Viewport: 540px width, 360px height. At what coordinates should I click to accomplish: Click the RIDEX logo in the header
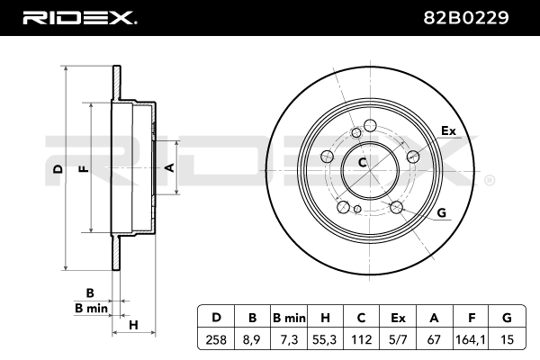tap(80, 18)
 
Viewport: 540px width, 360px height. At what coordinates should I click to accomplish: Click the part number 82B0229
tap(465, 18)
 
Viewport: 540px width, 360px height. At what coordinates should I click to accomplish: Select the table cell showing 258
tap(216, 339)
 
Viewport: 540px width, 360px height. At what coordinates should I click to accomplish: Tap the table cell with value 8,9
tap(252, 339)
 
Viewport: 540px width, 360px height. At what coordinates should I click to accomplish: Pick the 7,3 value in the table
tap(289, 339)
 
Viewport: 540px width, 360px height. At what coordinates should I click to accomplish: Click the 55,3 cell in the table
tap(325, 339)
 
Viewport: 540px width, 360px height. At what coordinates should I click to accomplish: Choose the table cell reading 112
tap(361, 339)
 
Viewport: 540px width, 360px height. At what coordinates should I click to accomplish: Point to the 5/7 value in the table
tap(398, 339)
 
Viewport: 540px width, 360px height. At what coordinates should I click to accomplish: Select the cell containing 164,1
tap(471, 339)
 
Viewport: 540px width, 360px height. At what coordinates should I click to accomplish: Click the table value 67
tap(434, 339)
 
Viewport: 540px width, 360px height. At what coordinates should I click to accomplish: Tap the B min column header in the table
tap(289, 318)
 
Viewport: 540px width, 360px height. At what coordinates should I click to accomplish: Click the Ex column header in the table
tap(398, 318)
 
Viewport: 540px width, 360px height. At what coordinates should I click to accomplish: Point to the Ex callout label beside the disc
tap(448, 130)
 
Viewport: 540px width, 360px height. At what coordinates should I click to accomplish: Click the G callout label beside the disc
tap(442, 212)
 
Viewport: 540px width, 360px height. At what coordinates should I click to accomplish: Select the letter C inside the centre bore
tap(363, 162)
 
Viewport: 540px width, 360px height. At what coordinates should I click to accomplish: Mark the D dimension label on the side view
tap(58, 169)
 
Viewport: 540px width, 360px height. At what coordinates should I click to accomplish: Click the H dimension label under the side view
tap(133, 325)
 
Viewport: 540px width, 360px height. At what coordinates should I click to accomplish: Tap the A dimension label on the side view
tap(170, 167)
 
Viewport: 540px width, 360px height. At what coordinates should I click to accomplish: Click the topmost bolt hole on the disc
tap(370, 125)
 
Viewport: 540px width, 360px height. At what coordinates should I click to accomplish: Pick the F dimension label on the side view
tap(85, 169)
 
